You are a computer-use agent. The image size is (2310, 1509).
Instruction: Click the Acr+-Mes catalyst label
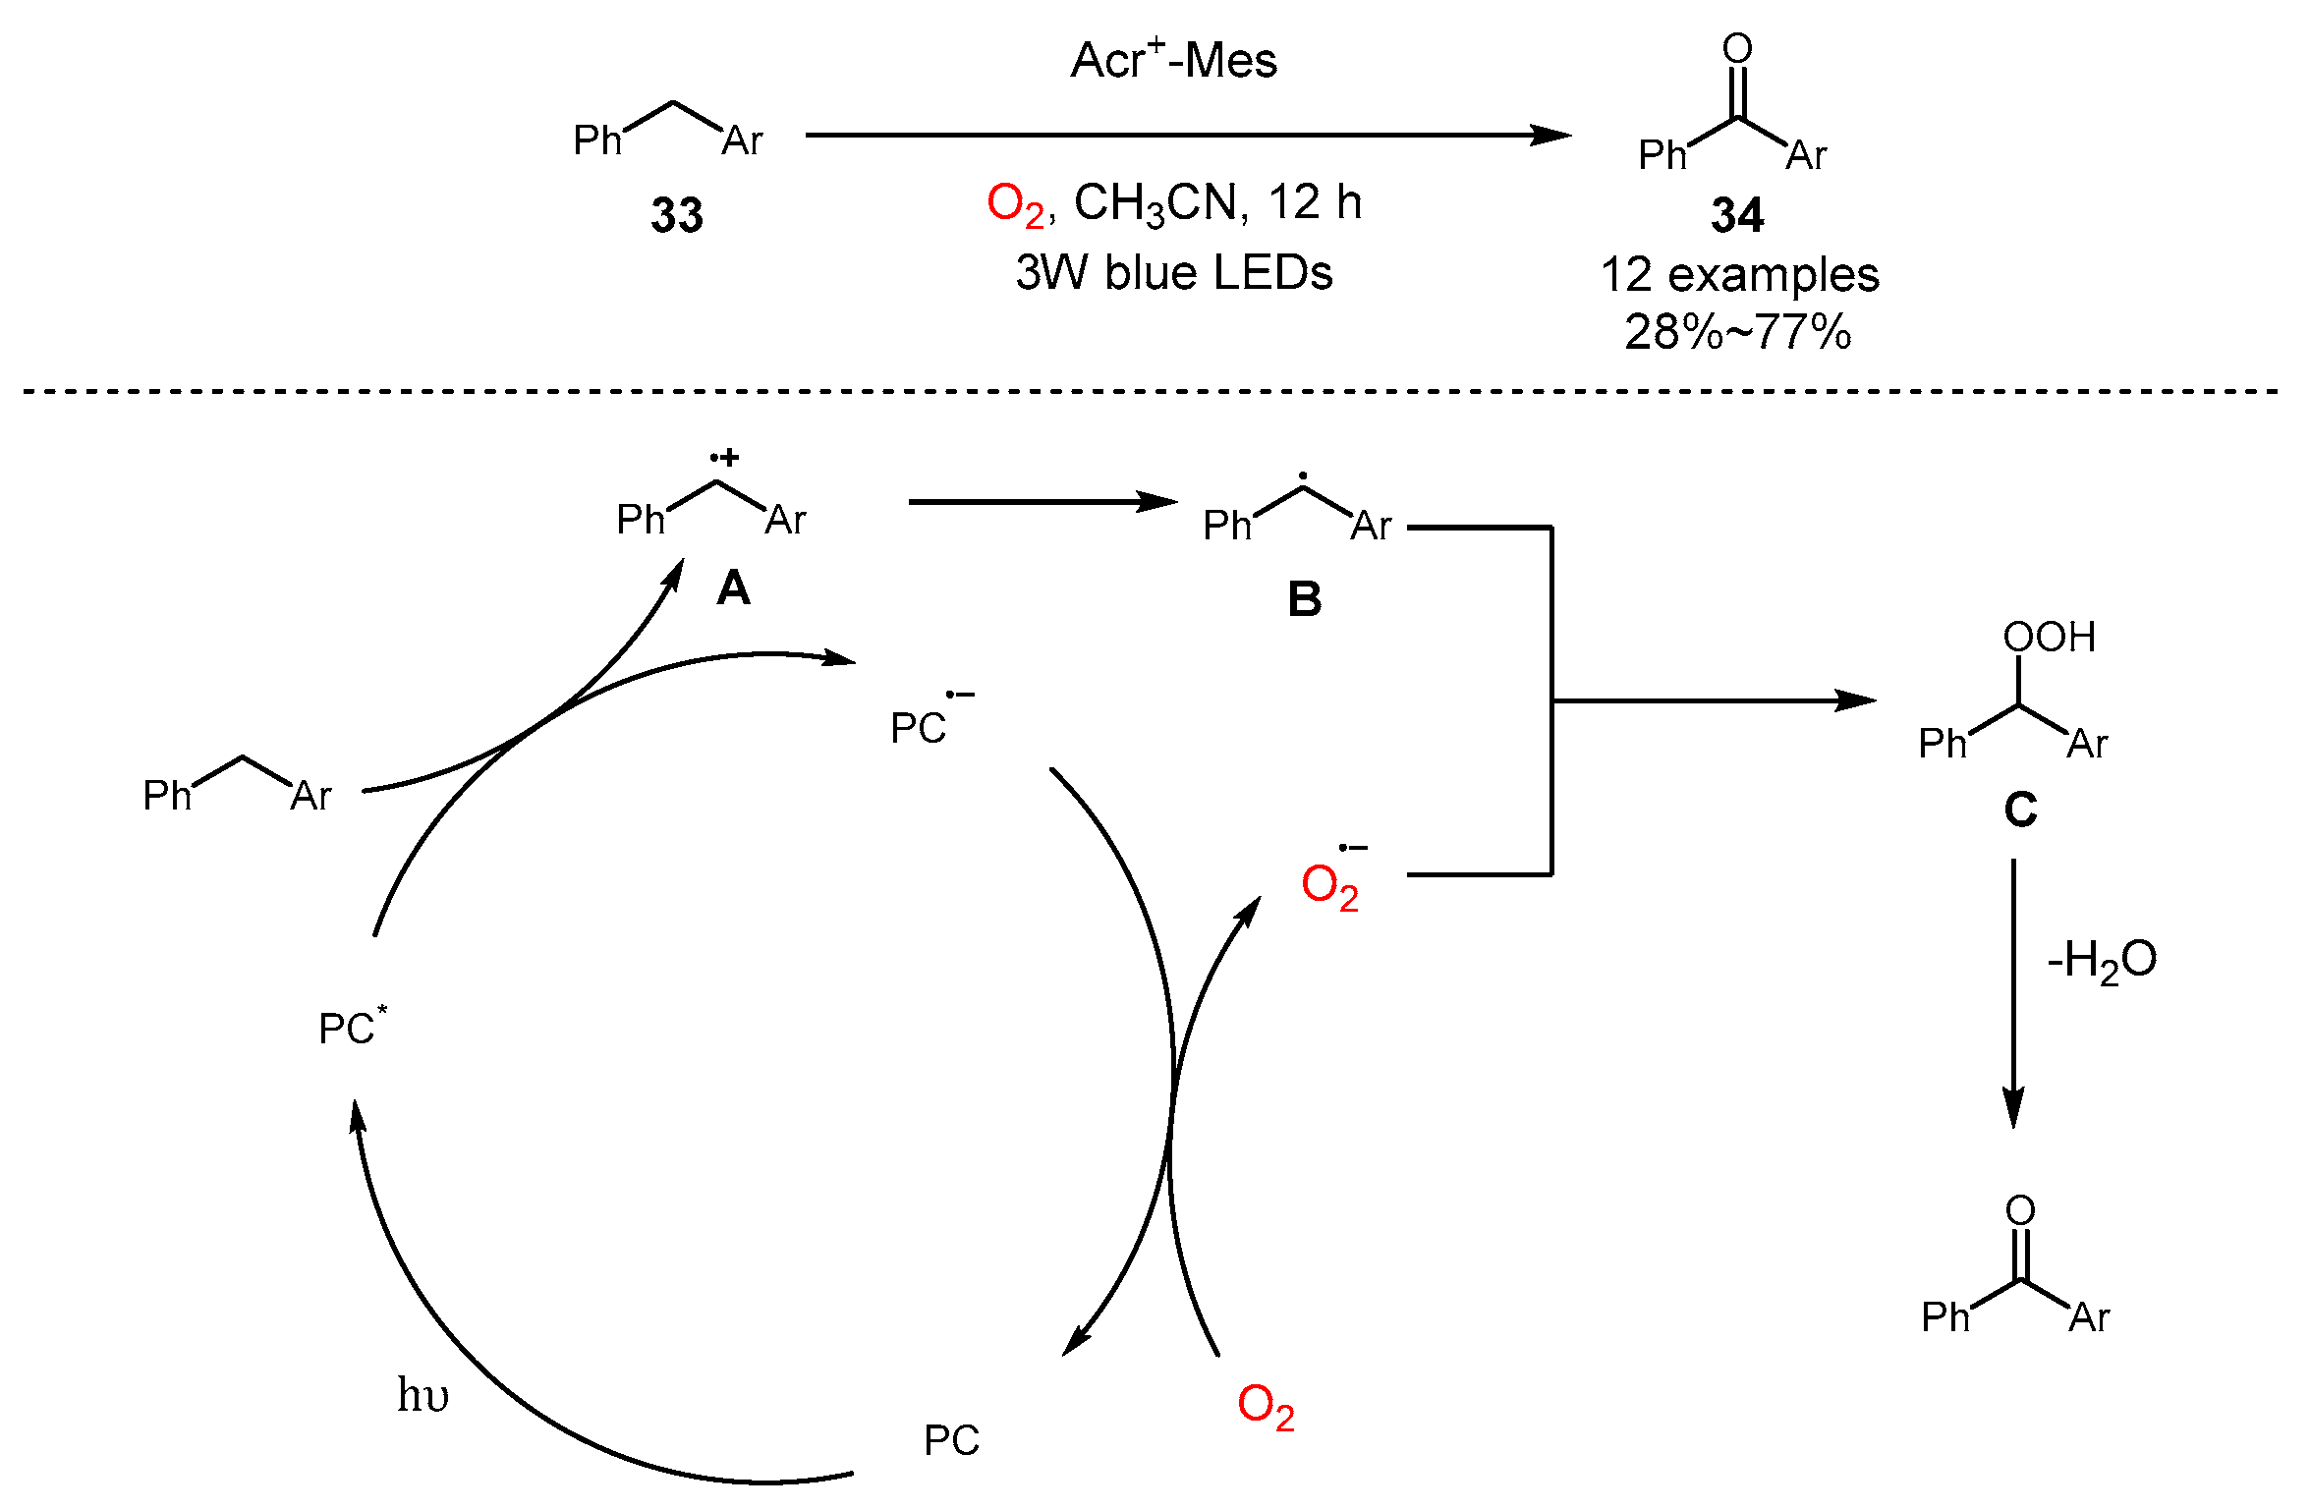pos(1173,61)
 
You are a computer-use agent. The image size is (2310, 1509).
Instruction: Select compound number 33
pos(677,215)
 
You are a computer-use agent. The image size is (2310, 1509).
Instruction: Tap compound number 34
pos(1737,215)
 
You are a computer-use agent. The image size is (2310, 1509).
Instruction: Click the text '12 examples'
pos(1739,275)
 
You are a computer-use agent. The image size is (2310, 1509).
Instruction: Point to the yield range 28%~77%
pos(1737,332)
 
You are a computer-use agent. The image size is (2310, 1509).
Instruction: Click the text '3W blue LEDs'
pos(1173,272)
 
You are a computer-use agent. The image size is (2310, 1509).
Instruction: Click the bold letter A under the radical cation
pos(733,588)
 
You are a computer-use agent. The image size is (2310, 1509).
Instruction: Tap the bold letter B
pos(1304,599)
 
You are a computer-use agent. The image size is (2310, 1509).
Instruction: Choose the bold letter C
pos(2020,810)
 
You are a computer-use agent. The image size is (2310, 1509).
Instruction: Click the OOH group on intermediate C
pos(2049,638)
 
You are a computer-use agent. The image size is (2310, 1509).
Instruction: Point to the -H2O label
pos(2101,960)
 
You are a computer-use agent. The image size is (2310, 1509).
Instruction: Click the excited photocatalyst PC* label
pos(352,1027)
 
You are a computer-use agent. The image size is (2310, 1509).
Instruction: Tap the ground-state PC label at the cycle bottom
pos(951,1440)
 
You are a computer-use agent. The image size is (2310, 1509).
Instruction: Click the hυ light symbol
pos(423,1395)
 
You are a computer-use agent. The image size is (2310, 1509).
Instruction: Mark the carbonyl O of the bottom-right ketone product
pos(2020,1209)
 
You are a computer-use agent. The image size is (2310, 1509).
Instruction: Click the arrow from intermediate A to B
pos(1042,502)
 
